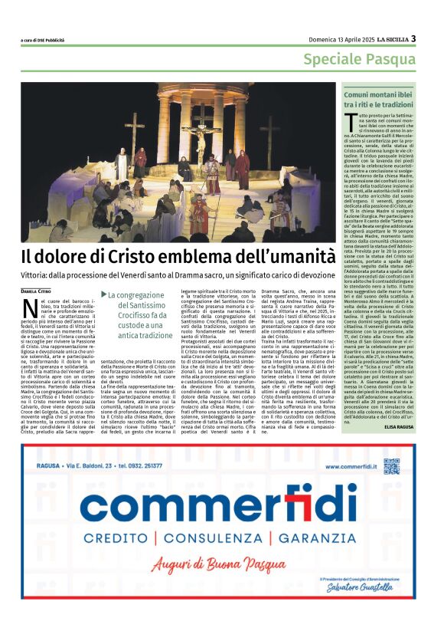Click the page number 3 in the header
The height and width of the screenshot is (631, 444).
pos(413,39)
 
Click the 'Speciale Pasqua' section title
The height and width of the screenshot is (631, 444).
pos(360,60)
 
